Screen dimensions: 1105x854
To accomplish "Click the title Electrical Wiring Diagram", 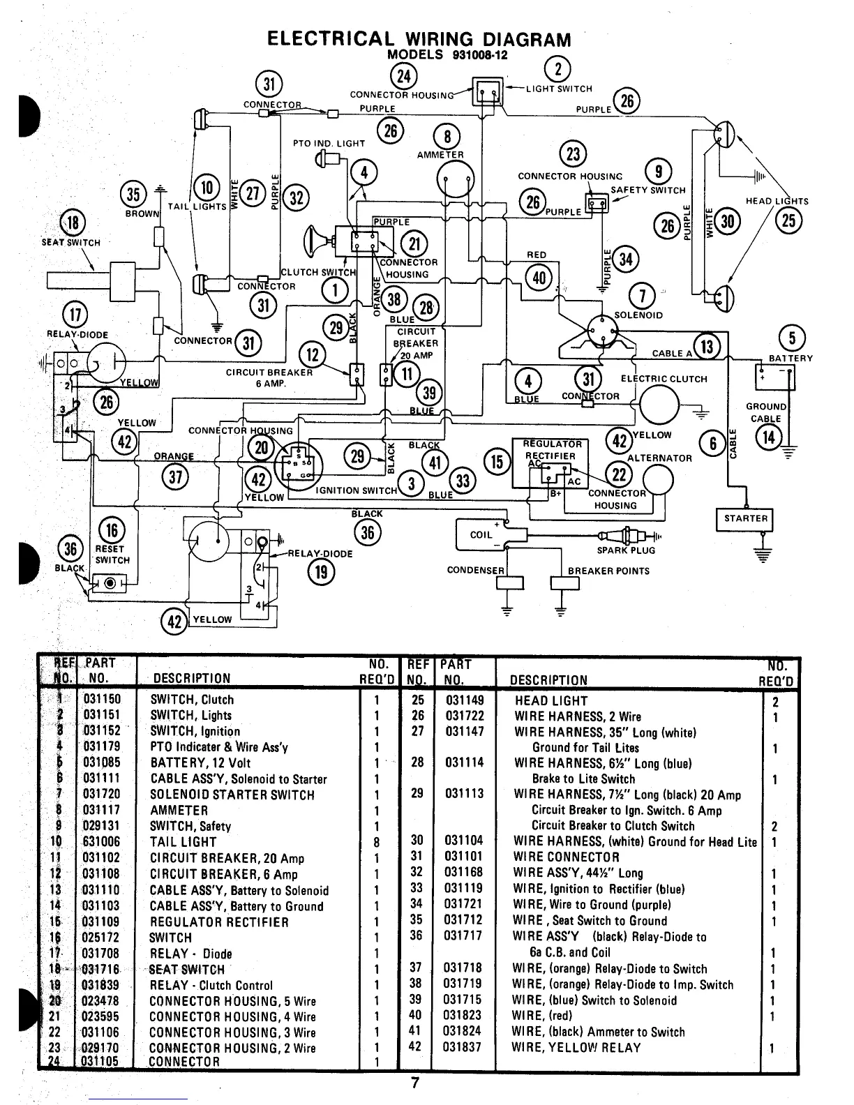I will [419, 39].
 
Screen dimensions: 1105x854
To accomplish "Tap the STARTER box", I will [745, 519].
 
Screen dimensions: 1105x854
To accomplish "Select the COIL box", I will [481, 534].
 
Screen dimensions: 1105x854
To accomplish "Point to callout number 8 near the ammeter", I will [447, 136].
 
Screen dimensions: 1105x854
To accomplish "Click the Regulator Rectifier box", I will [550, 462].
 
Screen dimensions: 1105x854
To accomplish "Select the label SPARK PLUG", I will [626, 550].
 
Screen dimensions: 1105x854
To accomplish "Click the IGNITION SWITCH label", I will [356, 490].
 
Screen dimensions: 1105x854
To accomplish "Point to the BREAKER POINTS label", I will [608, 571].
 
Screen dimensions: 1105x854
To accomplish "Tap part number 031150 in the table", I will [102, 700].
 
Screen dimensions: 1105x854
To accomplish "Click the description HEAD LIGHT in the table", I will [551, 701].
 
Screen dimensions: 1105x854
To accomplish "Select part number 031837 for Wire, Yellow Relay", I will [463, 1048].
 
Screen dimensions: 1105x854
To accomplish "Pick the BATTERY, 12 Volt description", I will [200, 762].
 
